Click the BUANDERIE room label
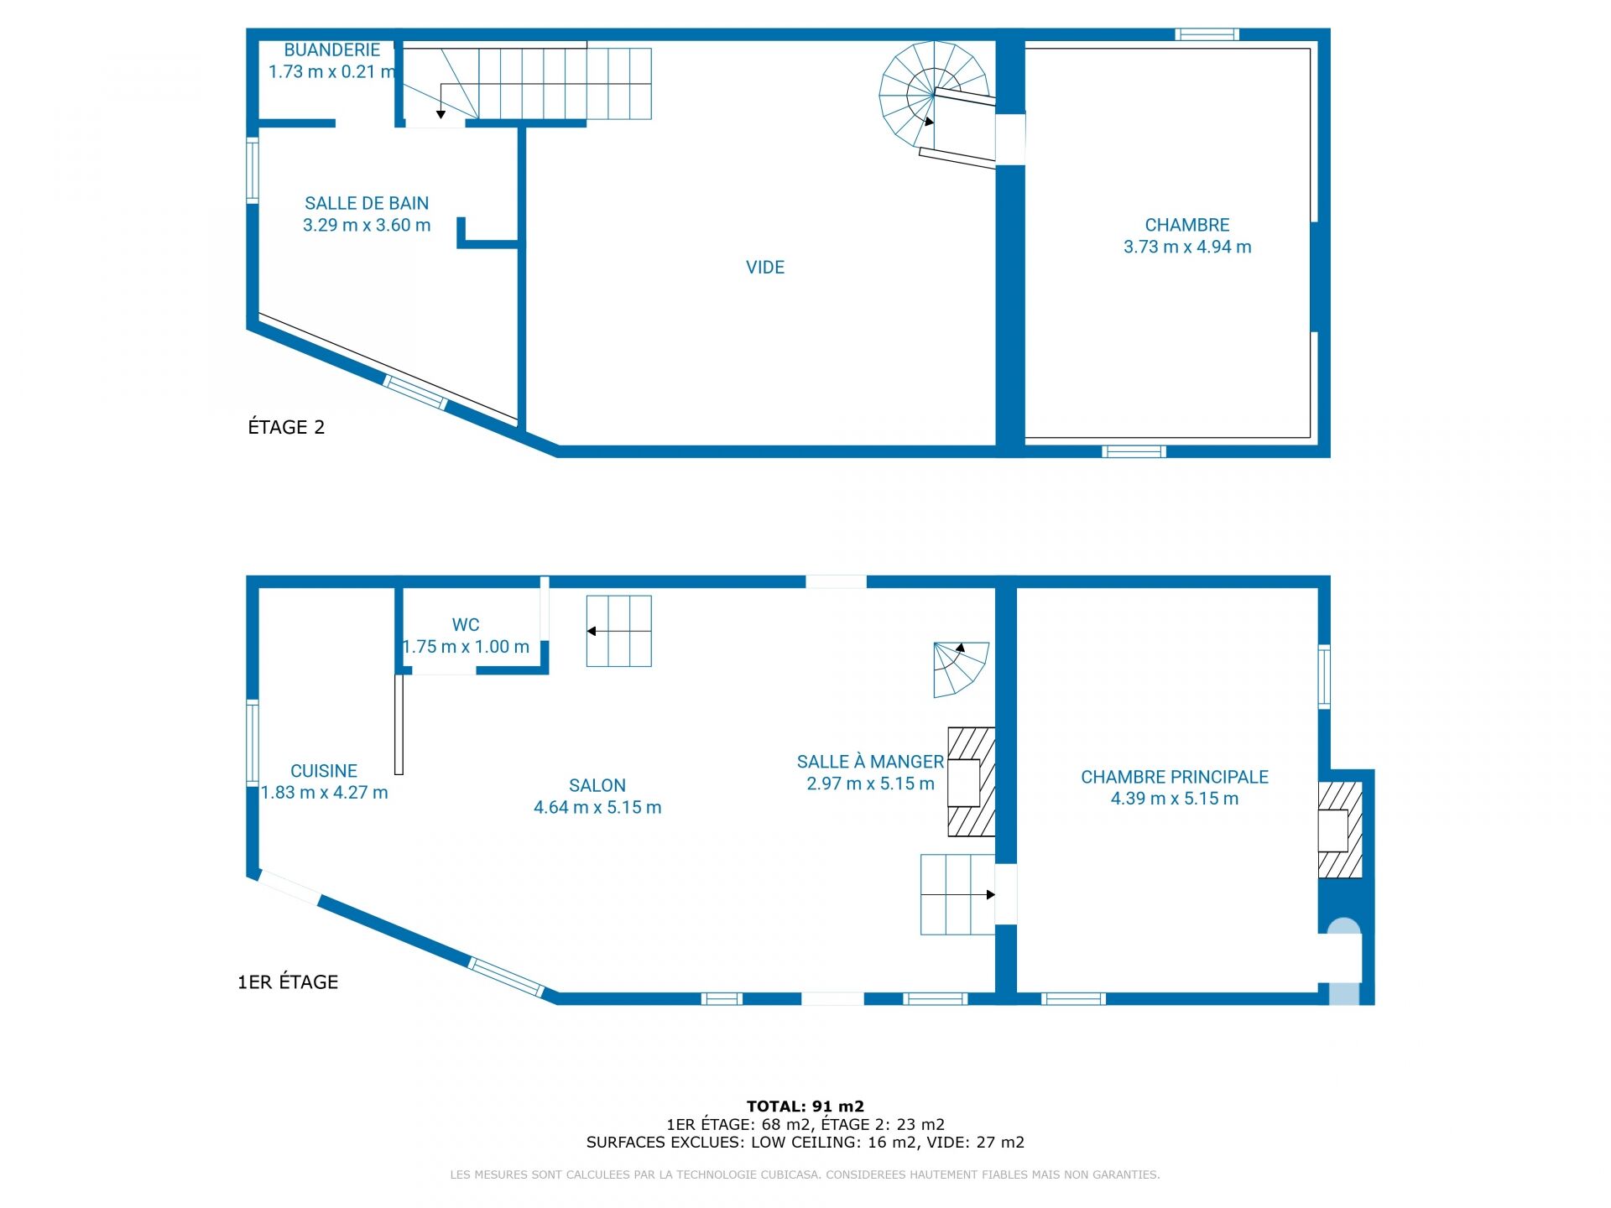coord(331,50)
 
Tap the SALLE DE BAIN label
coord(367,203)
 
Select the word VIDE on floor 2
coord(765,268)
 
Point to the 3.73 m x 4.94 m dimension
coord(1187,247)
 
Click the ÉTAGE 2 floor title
coord(286,427)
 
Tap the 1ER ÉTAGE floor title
coord(288,981)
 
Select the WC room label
coord(466,625)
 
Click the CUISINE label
coord(324,771)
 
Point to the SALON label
coord(597,785)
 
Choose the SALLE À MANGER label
coord(870,762)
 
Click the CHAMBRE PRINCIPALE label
coord(1175,777)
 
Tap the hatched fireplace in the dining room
coord(972,782)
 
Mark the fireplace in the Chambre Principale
coord(1340,830)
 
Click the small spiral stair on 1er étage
coord(961,669)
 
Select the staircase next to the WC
coord(619,631)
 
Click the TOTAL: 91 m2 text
coord(805,1106)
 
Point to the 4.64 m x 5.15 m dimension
coord(597,807)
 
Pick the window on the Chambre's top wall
coord(1207,34)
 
